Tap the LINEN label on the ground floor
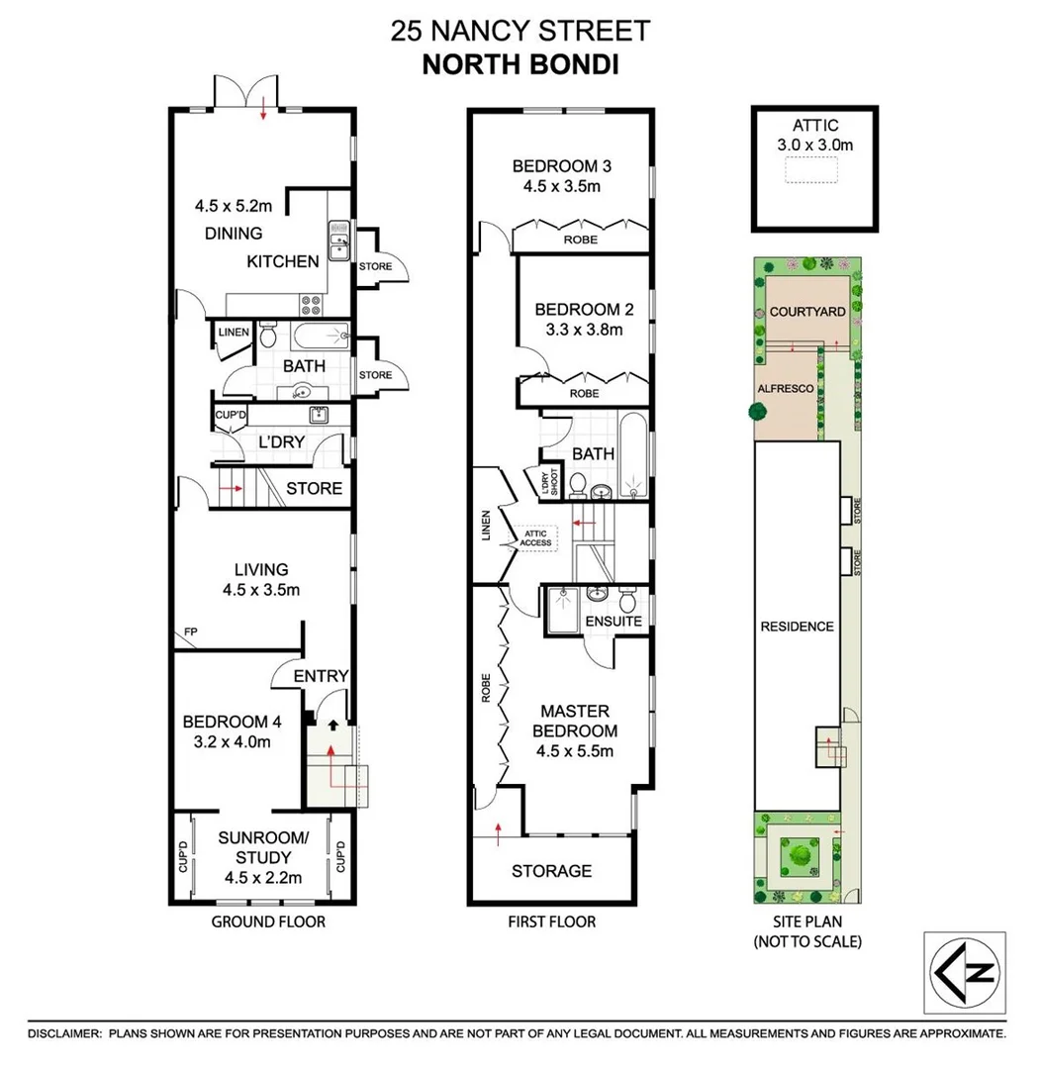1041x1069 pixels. (x=235, y=332)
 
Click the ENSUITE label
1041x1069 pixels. (x=614, y=622)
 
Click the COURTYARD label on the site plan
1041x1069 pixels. (x=807, y=312)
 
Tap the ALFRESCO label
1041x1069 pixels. (x=785, y=389)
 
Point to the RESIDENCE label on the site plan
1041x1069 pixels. (x=797, y=627)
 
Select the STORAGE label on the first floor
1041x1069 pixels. (x=551, y=871)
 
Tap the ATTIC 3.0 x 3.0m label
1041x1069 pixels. (x=815, y=135)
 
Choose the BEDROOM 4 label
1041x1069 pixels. (x=225, y=722)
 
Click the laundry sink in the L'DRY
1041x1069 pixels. (x=320, y=415)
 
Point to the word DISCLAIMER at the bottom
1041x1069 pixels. (x=63, y=1033)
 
